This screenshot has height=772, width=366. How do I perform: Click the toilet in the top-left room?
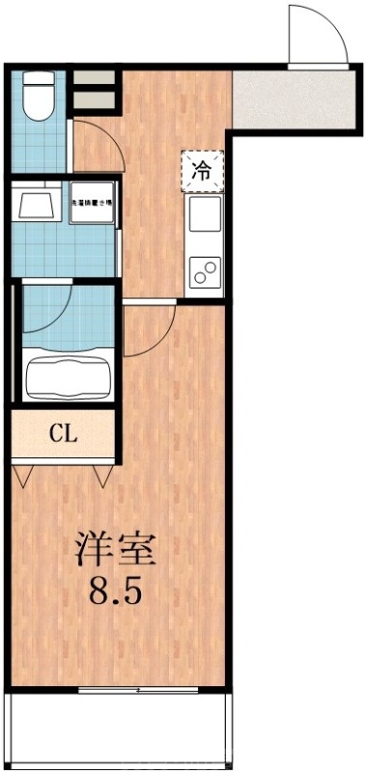click(40, 97)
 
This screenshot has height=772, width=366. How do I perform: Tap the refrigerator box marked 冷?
click(202, 172)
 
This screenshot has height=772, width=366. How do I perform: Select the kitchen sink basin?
click(205, 214)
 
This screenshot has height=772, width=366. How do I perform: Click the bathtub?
click(66, 374)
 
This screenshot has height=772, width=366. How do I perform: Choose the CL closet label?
click(64, 432)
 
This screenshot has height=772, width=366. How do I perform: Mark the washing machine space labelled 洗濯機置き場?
click(93, 204)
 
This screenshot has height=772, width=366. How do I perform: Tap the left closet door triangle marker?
click(26, 475)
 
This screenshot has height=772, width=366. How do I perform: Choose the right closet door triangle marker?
click(104, 475)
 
